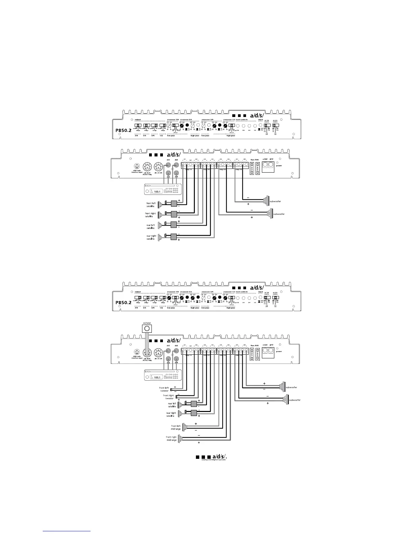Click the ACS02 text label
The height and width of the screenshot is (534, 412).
point(147,323)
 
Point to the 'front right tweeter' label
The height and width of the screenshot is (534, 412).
point(168,397)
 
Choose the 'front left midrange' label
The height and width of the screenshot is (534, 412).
point(176,427)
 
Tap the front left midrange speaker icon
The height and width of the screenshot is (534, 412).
point(184,427)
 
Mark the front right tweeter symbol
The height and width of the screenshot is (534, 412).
point(176,396)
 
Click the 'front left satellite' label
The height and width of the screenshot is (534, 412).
point(151,205)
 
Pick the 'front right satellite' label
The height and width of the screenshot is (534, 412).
point(150,215)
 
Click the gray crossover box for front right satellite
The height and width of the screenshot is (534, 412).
point(174,214)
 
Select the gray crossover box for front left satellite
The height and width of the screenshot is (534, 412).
point(174,204)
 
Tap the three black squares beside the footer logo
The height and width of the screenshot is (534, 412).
point(203,457)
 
